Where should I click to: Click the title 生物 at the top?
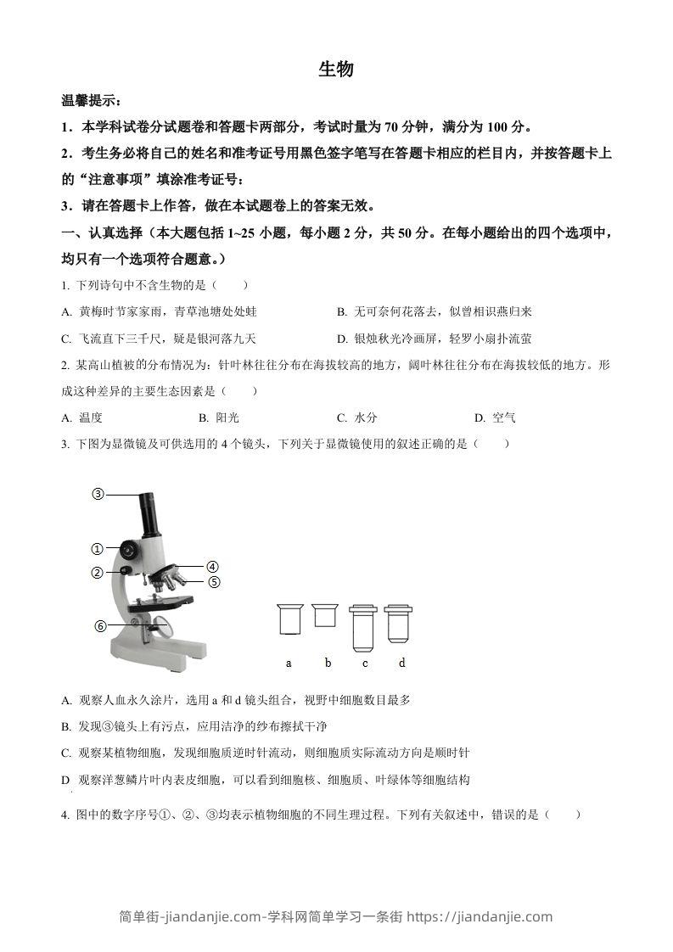click(336, 70)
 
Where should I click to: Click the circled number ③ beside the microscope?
click(98, 494)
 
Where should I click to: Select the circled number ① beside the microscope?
click(98, 549)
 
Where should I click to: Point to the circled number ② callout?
click(98, 572)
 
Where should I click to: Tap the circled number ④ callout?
click(212, 567)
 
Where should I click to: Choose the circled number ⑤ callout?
click(214, 582)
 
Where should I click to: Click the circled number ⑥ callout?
click(100, 626)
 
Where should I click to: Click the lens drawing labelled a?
click(289, 619)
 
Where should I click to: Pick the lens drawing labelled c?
click(364, 624)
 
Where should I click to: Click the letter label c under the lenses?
click(365, 663)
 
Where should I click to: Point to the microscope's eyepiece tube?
click(149, 512)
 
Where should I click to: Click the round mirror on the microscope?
click(165, 629)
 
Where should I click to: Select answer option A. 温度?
click(82, 417)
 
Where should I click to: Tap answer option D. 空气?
click(496, 417)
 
